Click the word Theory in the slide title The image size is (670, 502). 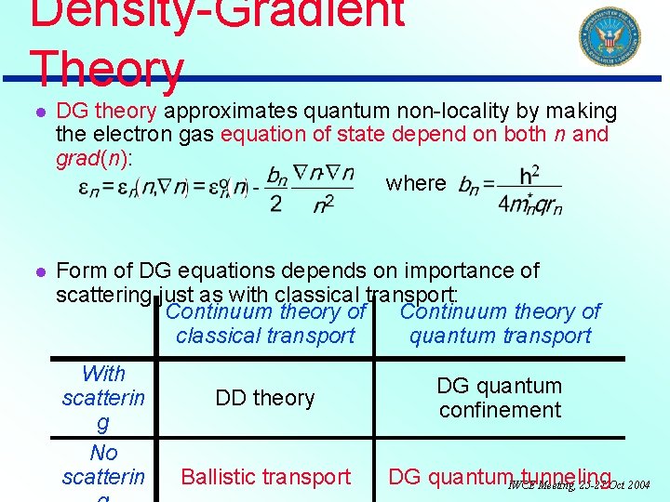click(107, 71)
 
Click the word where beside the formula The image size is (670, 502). click(416, 183)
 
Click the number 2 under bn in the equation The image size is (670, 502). click(275, 205)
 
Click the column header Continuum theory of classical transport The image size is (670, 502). click(265, 324)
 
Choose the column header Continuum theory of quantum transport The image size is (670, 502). click(500, 324)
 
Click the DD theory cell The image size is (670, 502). click(265, 398)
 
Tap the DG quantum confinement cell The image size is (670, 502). click(500, 398)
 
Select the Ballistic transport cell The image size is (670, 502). click(265, 477)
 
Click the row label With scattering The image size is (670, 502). click(103, 398)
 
